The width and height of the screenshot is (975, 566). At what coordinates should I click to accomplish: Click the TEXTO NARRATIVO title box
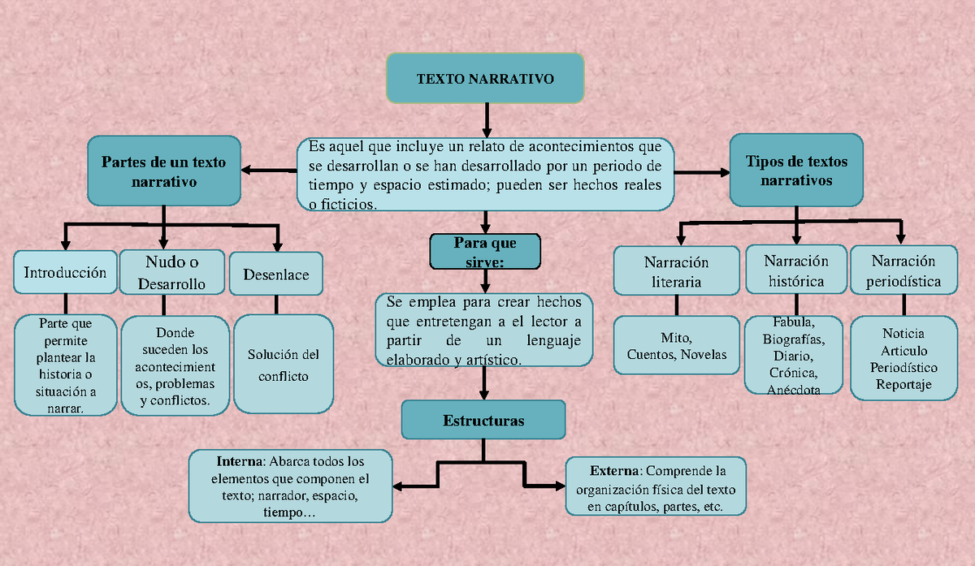(485, 79)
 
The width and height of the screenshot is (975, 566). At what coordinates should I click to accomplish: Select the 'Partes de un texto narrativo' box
(163, 171)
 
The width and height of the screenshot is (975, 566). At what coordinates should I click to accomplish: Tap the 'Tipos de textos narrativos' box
(796, 171)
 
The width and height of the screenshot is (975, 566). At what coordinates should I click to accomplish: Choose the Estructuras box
(483, 421)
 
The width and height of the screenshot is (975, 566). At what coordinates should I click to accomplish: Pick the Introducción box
(65, 273)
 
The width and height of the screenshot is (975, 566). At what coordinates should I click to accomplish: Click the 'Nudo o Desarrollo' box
(171, 273)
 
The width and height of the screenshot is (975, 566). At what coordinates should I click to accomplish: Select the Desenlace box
(276, 274)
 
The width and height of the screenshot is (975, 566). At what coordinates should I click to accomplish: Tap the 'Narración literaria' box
(676, 272)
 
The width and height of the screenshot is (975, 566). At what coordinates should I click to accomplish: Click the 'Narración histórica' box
(796, 270)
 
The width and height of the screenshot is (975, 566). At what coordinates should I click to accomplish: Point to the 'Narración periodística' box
(903, 271)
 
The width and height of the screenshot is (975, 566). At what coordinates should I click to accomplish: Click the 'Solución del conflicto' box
(283, 365)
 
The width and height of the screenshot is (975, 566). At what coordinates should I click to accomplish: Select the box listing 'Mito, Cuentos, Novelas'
(676, 346)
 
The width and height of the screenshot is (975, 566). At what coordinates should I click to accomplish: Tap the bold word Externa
(615, 471)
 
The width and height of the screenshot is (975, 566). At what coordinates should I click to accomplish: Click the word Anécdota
(793, 390)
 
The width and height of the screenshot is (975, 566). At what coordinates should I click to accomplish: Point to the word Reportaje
(903, 385)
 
